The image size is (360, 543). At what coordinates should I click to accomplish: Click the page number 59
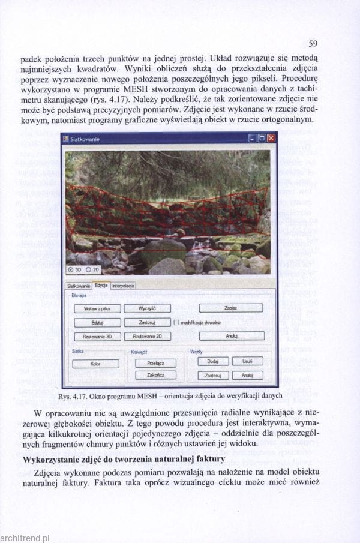pyautogui.click(x=313, y=43)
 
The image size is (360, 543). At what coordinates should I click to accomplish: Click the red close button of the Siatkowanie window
pyautogui.click(x=271, y=139)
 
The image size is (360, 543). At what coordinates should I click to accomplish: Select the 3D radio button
pyautogui.click(x=72, y=270)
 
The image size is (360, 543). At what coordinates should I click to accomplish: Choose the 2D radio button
pyautogui.click(x=88, y=270)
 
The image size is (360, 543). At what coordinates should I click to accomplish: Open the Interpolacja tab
pyautogui.click(x=123, y=286)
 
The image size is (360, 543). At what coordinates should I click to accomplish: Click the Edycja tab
pyautogui.click(x=100, y=286)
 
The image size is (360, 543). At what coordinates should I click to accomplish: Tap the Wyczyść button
pyautogui.click(x=147, y=308)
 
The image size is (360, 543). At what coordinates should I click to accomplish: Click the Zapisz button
pyautogui.click(x=230, y=308)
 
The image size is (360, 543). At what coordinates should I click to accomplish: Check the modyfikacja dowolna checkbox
pyautogui.click(x=176, y=322)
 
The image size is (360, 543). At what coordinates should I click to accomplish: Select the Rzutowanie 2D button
pyautogui.click(x=147, y=337)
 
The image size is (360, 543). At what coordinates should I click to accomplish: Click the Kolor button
pyautogui.click(x=95, y=364)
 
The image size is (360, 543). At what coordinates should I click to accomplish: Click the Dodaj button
pyautogui.click(x=212, y=361)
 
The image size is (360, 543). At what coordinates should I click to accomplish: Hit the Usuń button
pyautogui.click(x=247, y=361)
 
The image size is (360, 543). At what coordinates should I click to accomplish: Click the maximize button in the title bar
pyautogui.click(x=262, y=139)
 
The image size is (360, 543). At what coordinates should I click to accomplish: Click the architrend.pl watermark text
pyautogui.click(x=25, y=538)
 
